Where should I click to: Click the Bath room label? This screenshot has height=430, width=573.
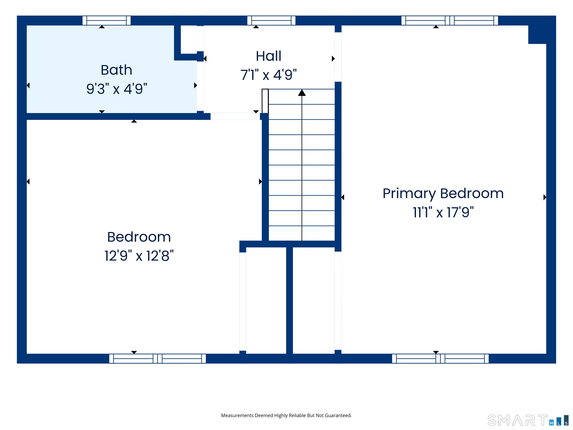tap(116, 70)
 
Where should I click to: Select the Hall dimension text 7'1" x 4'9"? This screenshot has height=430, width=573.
tap(269, 75)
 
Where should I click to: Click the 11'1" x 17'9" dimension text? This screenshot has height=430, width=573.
tap(443, 212)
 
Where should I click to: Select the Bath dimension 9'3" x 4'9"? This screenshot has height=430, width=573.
tap(117, 89)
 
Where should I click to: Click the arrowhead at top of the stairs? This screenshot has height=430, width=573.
tap(302, 93)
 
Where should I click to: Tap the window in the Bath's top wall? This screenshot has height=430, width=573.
tap(107, 21)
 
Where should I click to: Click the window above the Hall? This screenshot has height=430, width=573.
tap(271, 21)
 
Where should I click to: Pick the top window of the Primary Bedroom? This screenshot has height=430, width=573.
tap(450, 21)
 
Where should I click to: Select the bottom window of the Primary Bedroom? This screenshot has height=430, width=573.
tap(440, 359)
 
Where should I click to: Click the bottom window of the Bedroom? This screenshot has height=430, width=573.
tap(157, 359)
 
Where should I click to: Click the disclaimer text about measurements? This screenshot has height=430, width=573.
tap(286, 415)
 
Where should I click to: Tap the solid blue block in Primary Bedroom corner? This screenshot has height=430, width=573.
tap(537, 35)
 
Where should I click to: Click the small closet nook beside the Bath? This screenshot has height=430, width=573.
tap(189, 39)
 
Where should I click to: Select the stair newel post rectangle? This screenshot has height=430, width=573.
tap(265, 101)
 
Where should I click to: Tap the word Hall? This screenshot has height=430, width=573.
tap(269, 56)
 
